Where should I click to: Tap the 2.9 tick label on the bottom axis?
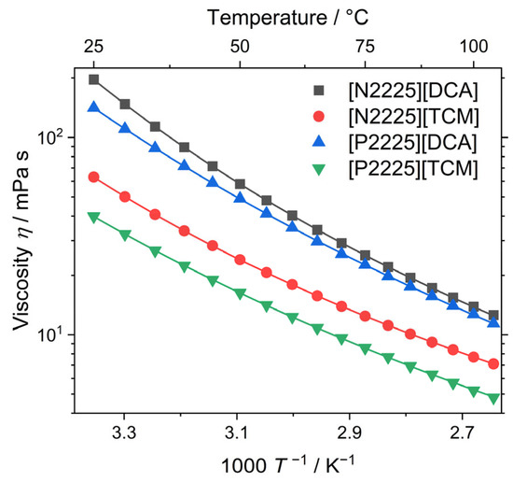[x=349, y=434]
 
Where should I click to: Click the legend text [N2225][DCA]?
[x=411, y=91]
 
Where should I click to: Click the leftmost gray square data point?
[x=93, y=79]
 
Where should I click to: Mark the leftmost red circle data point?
[x=93, y=177]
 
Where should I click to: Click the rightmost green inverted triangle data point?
[x=493, y=398]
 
